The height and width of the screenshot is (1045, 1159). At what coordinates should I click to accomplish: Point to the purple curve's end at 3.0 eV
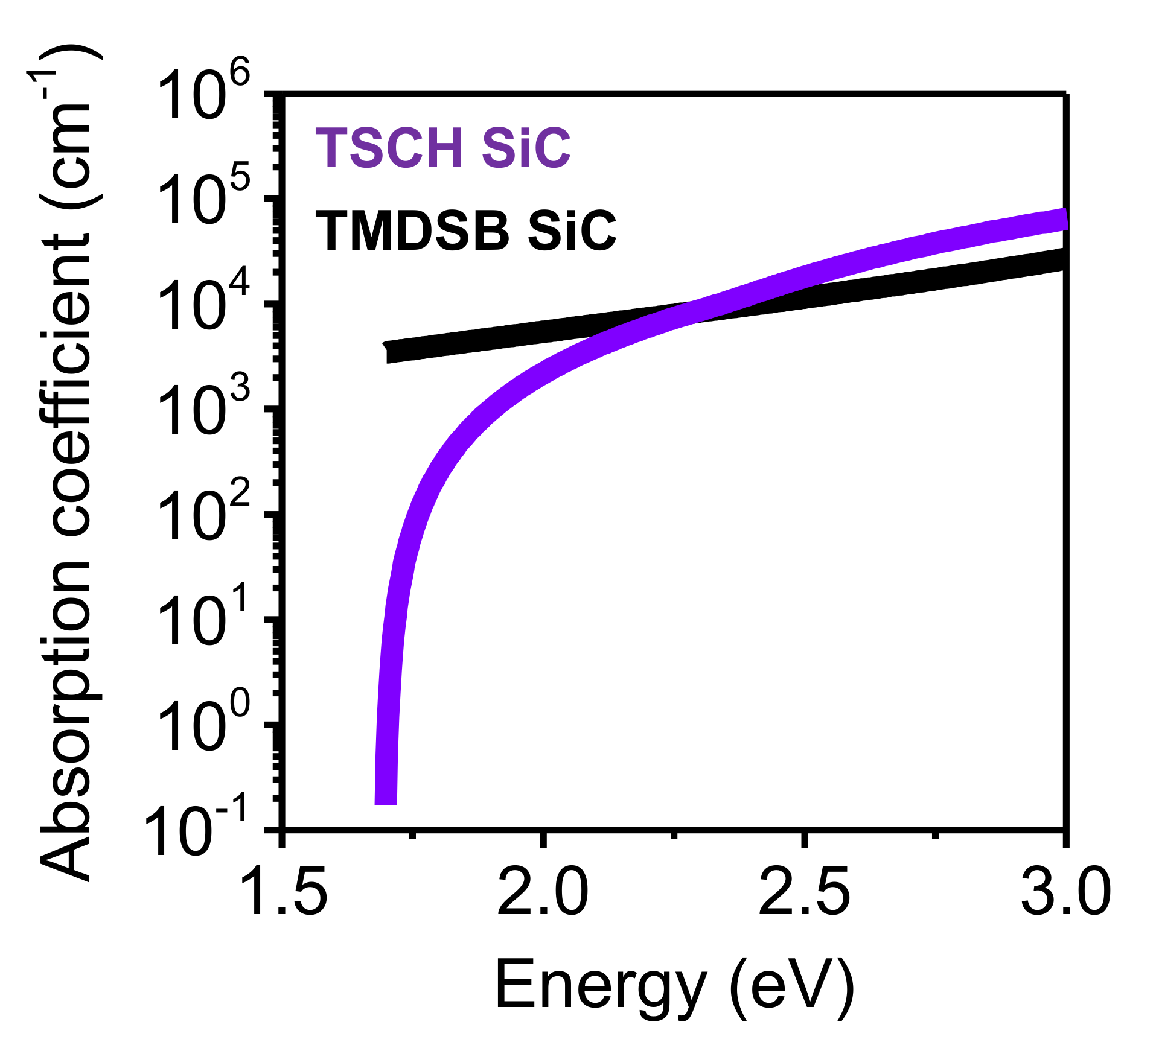point(1064,219)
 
